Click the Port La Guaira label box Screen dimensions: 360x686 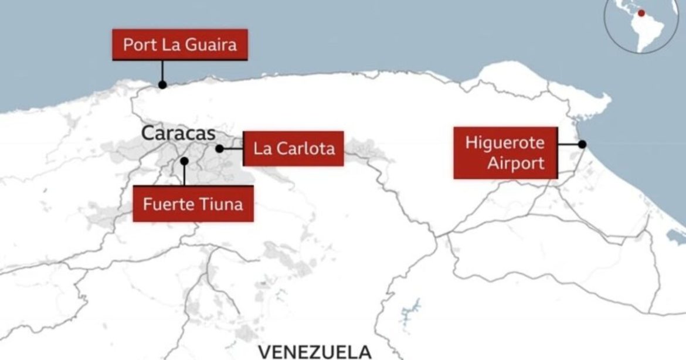179,45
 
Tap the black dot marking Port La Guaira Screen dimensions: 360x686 162,84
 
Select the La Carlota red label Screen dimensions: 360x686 294,148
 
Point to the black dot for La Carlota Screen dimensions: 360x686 219,149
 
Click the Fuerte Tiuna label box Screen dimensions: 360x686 193,204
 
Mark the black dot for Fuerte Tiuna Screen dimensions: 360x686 184,160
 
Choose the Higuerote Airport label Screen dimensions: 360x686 505,152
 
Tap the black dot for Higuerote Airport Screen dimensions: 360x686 582,144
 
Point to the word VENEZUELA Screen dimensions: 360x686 314,352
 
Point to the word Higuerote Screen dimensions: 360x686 505,142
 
